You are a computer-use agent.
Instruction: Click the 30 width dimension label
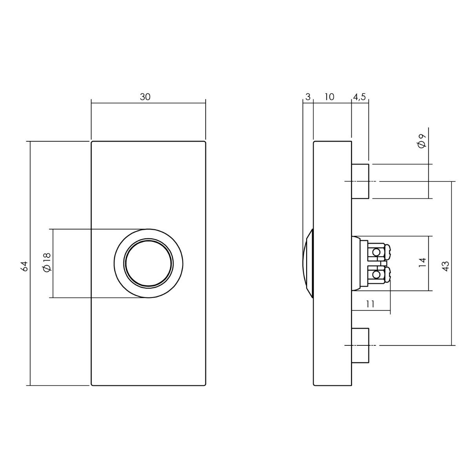point(145,97)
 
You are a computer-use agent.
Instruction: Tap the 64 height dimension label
point(24,267)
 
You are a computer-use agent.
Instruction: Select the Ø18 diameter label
point(47,262)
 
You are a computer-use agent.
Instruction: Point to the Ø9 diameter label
point(422,141)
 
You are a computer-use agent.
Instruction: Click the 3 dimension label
point(308,97)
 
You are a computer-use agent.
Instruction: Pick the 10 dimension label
point(329,97)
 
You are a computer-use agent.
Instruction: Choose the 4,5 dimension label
point(359,97)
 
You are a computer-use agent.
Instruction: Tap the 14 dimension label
point(422,262)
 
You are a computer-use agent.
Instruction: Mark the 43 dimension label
point(446,267)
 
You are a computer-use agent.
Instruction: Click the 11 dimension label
point(371,304)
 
